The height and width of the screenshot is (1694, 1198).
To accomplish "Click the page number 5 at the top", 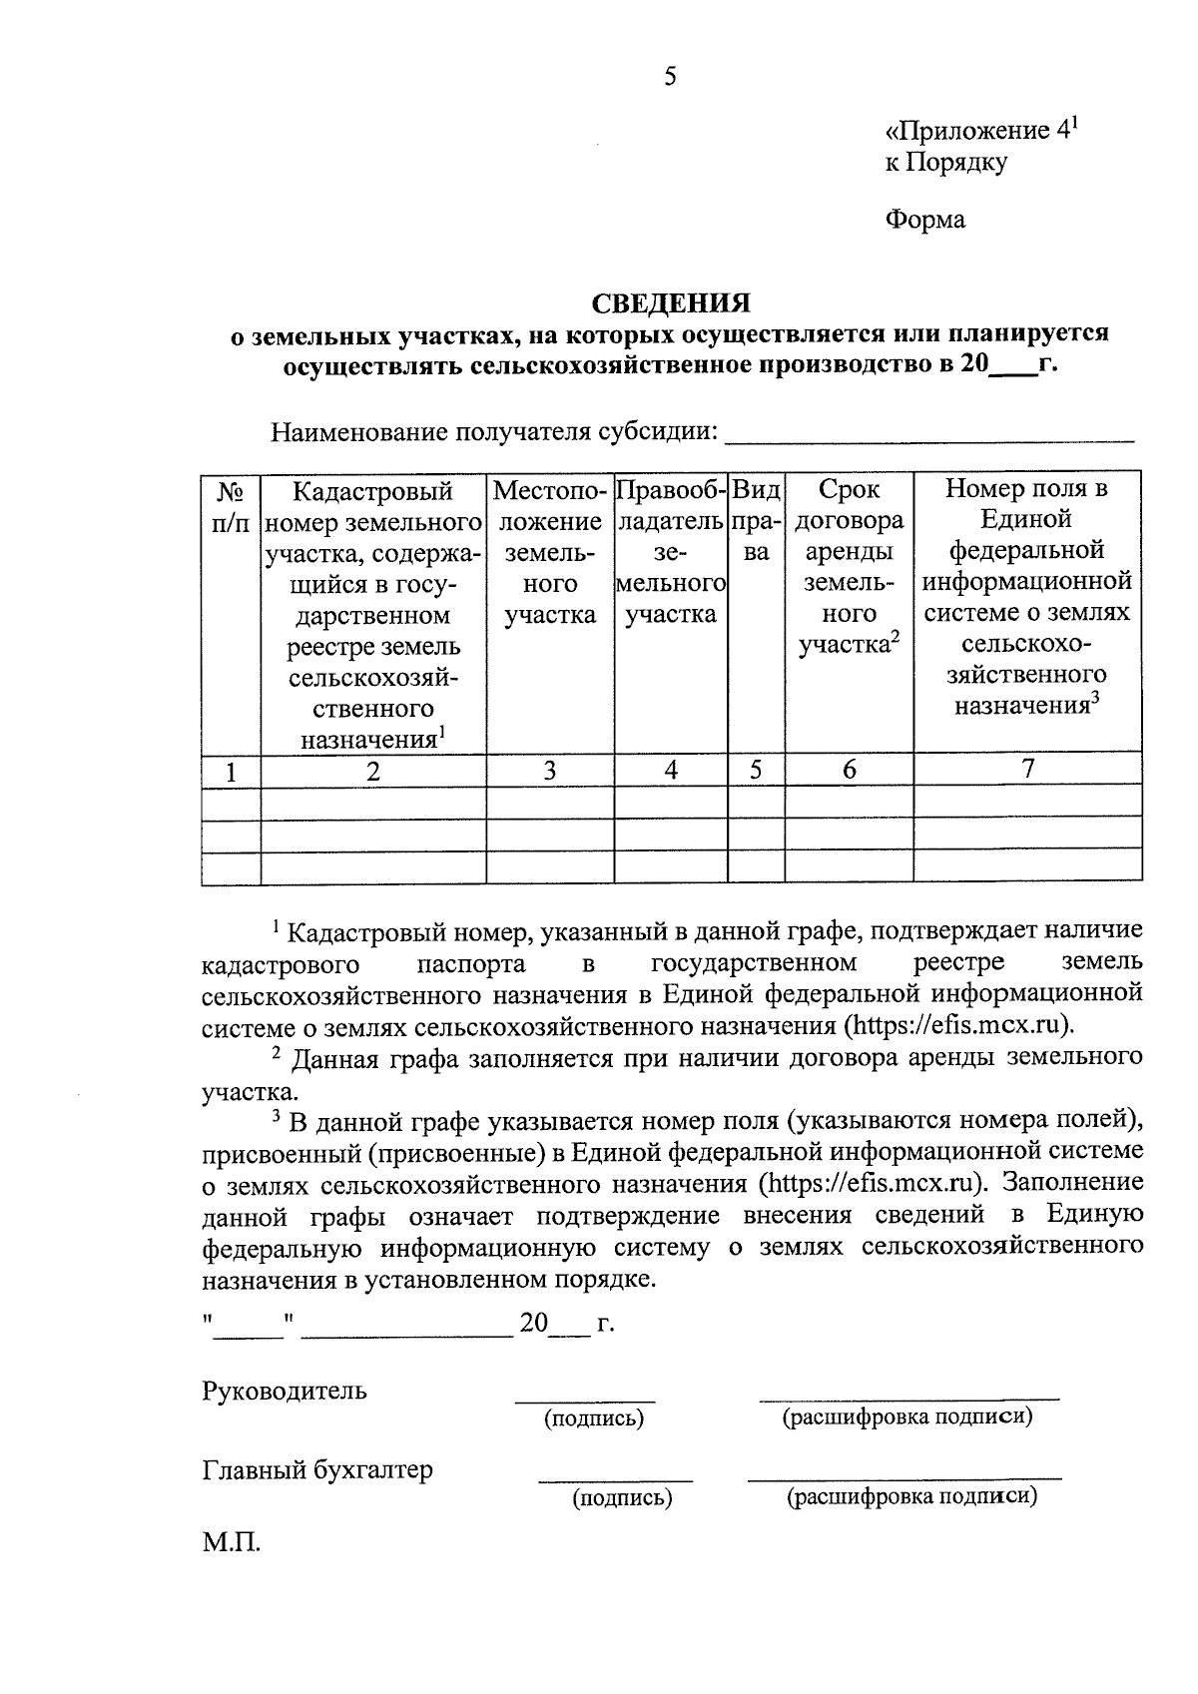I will (670, 77).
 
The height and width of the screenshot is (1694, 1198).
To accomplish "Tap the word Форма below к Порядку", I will (925, 220).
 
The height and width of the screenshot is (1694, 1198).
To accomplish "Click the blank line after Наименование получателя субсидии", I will (928, 435).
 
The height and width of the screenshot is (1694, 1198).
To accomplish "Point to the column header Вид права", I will (757, 520).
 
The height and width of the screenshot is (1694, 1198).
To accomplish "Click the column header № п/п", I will (231, 506).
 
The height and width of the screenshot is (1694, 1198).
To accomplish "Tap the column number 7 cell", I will (1027, 768).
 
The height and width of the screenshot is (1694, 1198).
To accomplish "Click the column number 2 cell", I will (373, 772).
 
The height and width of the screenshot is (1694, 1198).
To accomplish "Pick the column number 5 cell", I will (756, 770).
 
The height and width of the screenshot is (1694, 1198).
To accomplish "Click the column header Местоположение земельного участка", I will (550, 551).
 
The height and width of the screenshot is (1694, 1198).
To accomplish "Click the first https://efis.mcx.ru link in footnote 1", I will (958, 1025).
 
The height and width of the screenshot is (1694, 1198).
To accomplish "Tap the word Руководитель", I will (285, 1391).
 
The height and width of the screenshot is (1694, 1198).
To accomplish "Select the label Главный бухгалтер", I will (317, 1470).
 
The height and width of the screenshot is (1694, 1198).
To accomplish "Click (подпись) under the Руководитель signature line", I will (593, 1417).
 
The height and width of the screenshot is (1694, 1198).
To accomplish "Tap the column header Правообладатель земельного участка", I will (670, 551).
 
